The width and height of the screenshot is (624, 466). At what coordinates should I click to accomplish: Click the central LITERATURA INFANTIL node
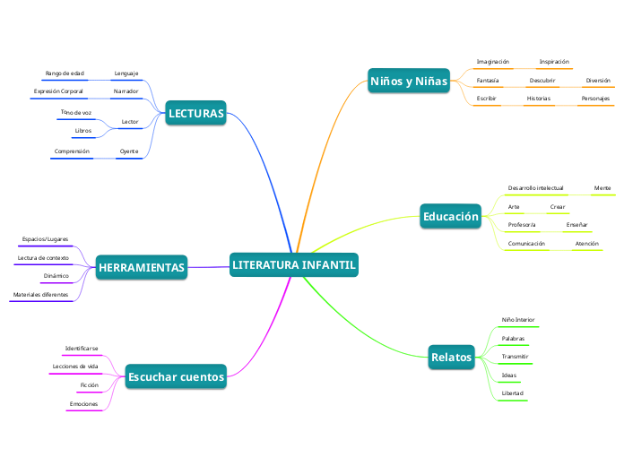click(294, 264)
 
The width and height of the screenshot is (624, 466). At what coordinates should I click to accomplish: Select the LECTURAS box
click(195, 113)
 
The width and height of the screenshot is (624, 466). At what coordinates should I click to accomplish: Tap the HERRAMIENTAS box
click(142, 267)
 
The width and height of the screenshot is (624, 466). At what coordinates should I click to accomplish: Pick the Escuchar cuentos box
click(176, 376)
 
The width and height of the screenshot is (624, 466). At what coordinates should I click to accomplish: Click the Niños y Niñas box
click(409, 81)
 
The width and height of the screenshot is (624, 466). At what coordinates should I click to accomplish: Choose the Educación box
click(450, 216)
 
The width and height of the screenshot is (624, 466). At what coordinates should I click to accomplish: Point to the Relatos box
click(451, 357)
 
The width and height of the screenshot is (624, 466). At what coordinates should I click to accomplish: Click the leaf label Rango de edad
click(65, 73)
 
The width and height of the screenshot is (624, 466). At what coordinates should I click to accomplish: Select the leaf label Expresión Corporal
click(58, 91)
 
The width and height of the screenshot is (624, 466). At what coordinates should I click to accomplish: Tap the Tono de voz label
click(76, 112)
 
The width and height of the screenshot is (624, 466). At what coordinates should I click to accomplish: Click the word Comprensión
click(72, 151)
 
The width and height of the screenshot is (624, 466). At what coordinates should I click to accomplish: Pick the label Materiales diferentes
click(40, 295)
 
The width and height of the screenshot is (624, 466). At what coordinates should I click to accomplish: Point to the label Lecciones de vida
click(75, 367)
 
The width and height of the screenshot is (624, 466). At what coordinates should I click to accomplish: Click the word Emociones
click(83, 404)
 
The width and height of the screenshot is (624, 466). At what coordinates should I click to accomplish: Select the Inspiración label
click(554, 62)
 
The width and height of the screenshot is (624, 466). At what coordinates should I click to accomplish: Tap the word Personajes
click(595, 99)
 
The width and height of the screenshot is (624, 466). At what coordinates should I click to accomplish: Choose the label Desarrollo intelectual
click(535, 188)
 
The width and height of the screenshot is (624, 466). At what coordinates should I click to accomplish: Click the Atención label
click(587, 244)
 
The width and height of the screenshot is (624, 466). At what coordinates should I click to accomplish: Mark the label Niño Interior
click(518, 320)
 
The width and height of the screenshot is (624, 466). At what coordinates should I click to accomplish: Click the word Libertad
click(513, 393)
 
